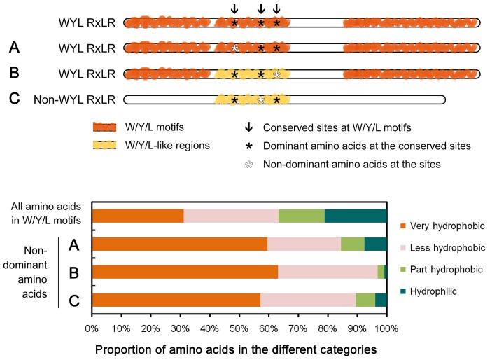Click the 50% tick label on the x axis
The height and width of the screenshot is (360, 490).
(x=239, y=328)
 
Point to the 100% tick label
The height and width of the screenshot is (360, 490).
(x=386, y=328)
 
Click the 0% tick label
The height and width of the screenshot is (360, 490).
(x=92, y=328)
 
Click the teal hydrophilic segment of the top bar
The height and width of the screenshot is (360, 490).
(x=356, y=216)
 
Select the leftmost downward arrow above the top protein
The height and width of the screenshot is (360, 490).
(x=234, y=9)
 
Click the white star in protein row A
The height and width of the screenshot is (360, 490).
(x=234, y=48)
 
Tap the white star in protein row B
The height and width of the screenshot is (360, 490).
(x=277, y=74)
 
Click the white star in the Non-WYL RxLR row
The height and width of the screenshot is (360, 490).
(x=261, y=100)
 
